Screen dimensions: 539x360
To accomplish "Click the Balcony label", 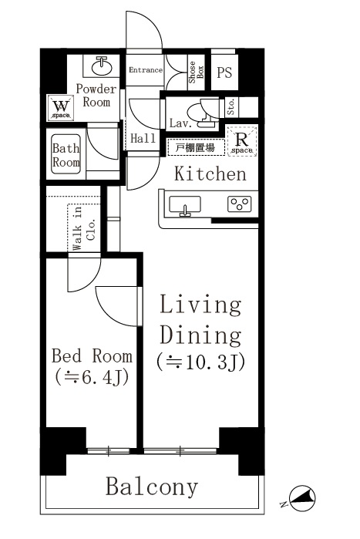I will [152, 487].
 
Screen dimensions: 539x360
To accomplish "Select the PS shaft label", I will [224, 73].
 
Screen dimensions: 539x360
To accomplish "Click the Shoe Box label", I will [195, 70].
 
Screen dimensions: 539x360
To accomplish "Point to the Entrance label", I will [145, 70].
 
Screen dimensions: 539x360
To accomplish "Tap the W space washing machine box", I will [62, 107].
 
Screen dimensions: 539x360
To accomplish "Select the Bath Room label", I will [66, 156].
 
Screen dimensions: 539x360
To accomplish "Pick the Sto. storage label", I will [231, 108].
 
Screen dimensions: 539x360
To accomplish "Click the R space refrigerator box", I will [242, 143].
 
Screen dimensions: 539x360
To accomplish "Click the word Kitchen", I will [210, 174].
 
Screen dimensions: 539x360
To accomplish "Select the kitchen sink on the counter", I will [184, 205].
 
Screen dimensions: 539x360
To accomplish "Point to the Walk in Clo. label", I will [84, 229].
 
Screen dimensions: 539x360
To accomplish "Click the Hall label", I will [143, 139].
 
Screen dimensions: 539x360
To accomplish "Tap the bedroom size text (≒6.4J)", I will [91, 379].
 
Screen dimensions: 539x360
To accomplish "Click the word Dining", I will [200, 335].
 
